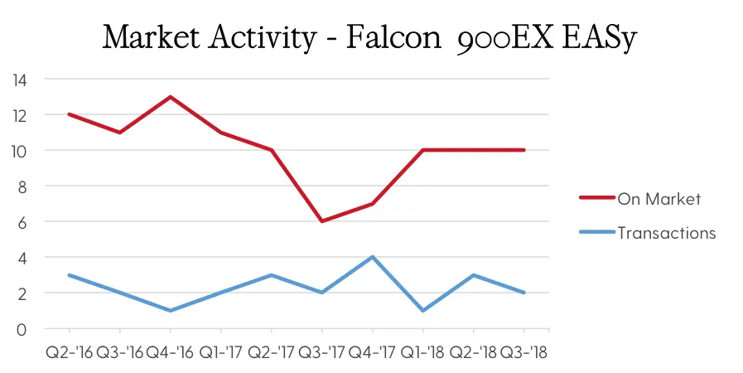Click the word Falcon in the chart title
coord(393,37)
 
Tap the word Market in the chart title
coord(151,37)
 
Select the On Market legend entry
coord(639,199)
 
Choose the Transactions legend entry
coord(647,233)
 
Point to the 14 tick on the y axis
coord(21,80)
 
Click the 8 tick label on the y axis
coord(22,186)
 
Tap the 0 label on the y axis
coord(22,329)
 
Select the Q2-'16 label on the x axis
coord(70,352)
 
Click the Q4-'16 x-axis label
coord(170,352)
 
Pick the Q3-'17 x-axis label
coord(321,352)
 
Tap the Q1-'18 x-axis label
coord(422,352)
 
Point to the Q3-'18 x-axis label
coord(523,352)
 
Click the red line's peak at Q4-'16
coord(170,97)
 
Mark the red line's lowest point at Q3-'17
coord(321,221)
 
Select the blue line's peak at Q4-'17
coord(373,257)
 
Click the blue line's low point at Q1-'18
coord(422,311)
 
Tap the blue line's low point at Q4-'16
coord(170,311)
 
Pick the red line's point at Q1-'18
coord(422,150)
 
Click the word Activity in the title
coord(262,38)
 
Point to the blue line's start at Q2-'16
coord(70,275)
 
